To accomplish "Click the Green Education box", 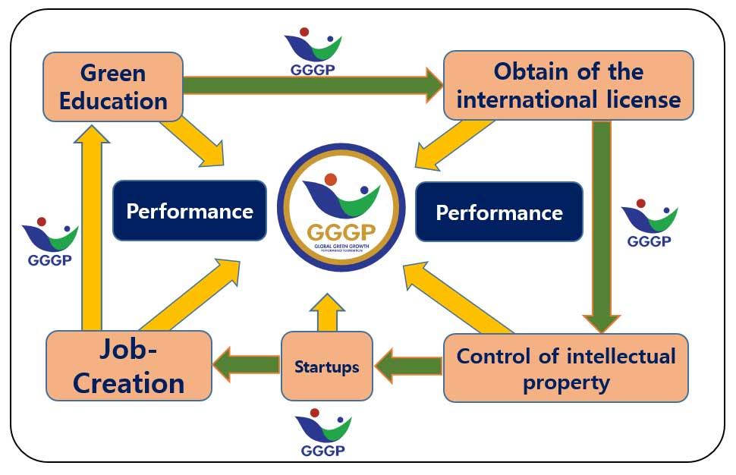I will pyautogui.click(x=113, y=87).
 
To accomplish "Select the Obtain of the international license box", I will pyautogui.click(x=568, y=86).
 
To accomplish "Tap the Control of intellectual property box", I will pyautogui.click(x=565, y=368).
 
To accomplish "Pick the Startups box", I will pyautogui.click(x=326, y=366).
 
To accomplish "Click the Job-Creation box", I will pyautogui.click(x=129, y=366).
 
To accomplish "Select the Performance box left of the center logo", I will pyautogui.click(x=189, y=211).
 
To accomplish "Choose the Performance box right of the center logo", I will pyautogui.click(x=499, y=212).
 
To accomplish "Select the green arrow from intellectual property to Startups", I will pyautogui.click(x=408, y=366).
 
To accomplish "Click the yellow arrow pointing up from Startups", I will pyautogui.click(x=327, y=311).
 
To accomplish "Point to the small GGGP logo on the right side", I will pyautogui.click(x=649, y=222).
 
